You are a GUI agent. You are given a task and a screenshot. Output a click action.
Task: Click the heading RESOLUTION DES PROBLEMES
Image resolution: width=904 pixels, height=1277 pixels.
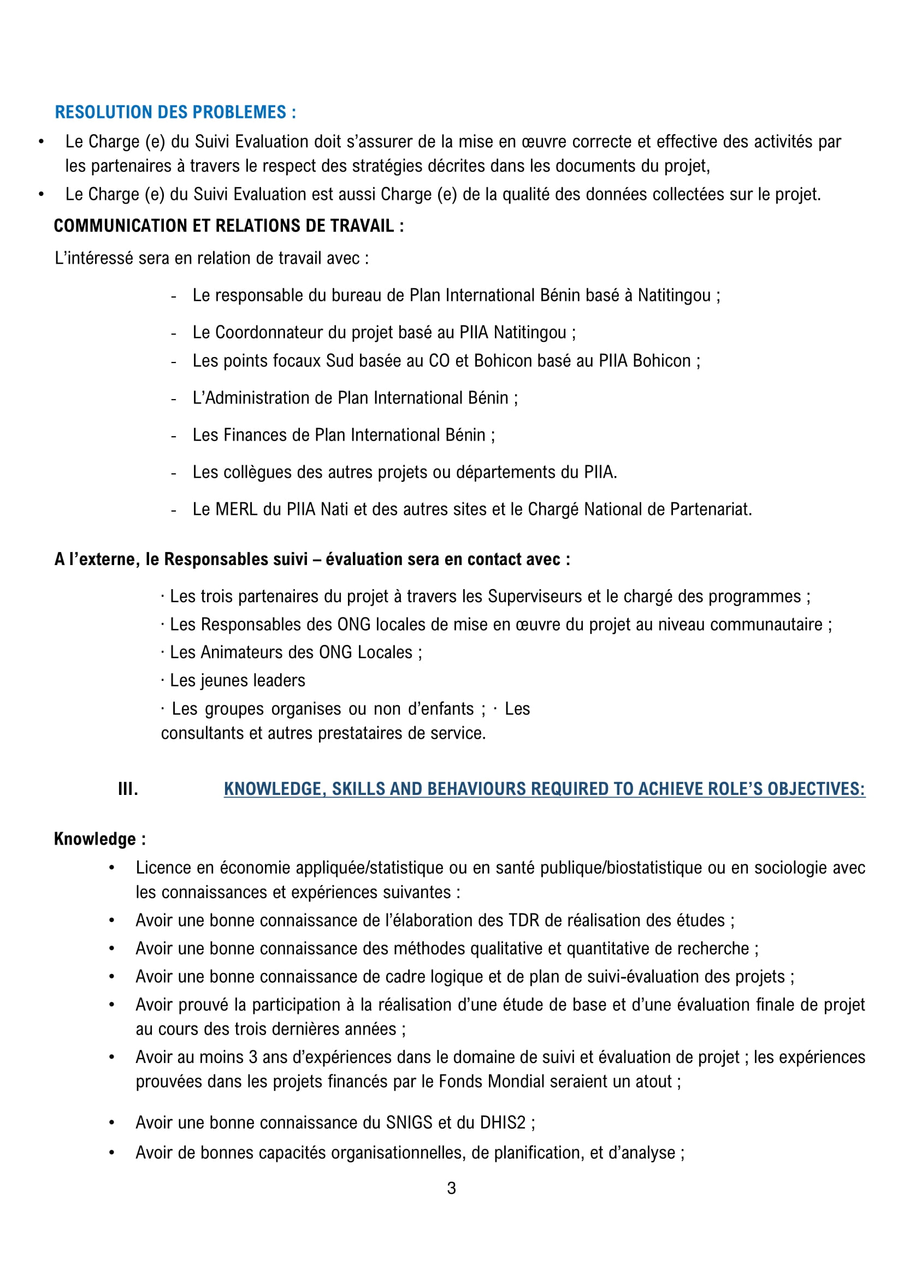tap(175, 112)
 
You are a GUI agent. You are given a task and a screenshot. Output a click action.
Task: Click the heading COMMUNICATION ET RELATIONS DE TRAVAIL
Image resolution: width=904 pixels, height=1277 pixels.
tap(228, 226)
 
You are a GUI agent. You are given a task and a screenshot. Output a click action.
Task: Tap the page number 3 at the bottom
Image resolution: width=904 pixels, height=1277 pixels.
tap(451, 1188)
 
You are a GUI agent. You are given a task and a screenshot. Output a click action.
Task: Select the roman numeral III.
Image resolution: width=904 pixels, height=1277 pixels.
tap(128, 789)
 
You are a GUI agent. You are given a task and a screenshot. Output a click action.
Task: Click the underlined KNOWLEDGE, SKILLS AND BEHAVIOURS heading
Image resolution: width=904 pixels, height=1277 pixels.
tap(544, 789)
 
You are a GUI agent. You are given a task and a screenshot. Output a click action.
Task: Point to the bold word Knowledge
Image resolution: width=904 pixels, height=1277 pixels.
tap(94, 839)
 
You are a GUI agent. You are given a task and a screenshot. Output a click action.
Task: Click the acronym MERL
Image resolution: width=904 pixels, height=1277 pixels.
tap(237, 510)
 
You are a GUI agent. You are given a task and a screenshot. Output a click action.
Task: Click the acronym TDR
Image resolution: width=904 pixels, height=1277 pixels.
tap(524, 920)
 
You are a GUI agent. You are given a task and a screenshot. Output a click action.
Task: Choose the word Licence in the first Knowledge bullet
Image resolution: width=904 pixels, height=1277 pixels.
tap(162, 868)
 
